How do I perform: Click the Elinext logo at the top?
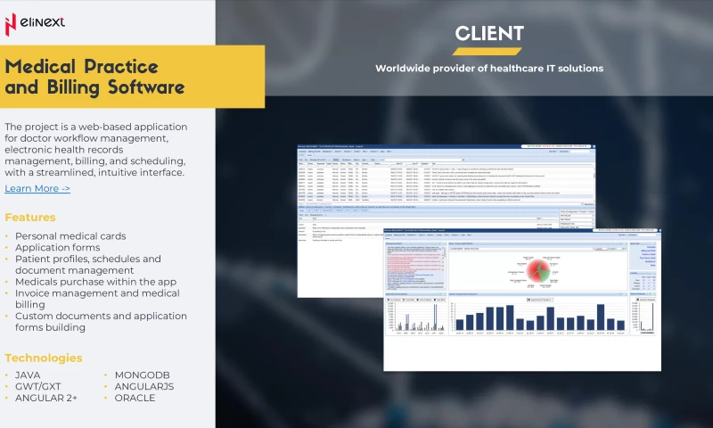point(36,21)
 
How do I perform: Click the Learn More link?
point(37,188)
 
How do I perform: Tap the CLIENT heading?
point(489,34)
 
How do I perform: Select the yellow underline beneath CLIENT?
point(489,49)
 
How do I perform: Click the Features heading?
point(30,217)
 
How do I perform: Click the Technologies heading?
point(44,358)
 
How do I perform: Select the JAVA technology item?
point(28,375)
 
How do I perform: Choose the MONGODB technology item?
point(143,375)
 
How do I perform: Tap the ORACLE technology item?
point(135,398)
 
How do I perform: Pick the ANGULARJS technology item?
point(144,386)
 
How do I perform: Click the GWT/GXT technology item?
point(38,386)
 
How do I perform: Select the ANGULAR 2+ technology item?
point(46,398)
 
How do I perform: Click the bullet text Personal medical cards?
point(70,236)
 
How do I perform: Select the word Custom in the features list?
point(35,316)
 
